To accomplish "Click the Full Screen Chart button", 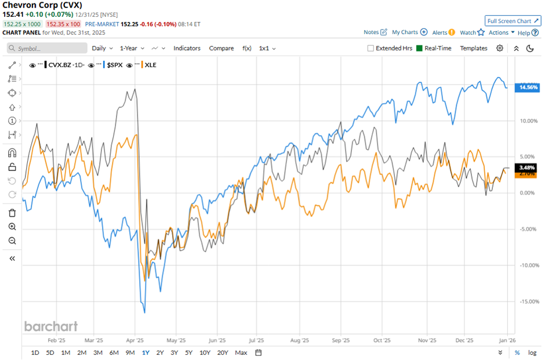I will pyautogui.click(x=513, y=21).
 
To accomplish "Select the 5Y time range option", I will pyautogui.click(x=188, y=352).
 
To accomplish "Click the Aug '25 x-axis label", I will pyautogui.click(x=300, y=341).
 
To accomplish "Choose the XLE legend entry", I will pyautogui.click(x=150, y=65).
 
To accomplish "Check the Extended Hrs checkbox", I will pyautogui.click(x=370, y=49).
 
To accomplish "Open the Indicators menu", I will pyautogui.click(x=187, y=49).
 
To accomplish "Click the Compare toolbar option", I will pyautogui.click(x=221, y=49).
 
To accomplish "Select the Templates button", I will pyautogui.click(x=474, y=49).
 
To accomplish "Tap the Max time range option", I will pyautogui.click(x=241, y=352).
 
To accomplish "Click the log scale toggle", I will pyautogui.click(x=532, y=352).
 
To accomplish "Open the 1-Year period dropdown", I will pyautogui.click(x=132, y=49).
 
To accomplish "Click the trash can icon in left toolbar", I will pyautogui.click(x=12, y=213).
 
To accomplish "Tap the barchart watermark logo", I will pyautogui.click(x=51, y=326).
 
